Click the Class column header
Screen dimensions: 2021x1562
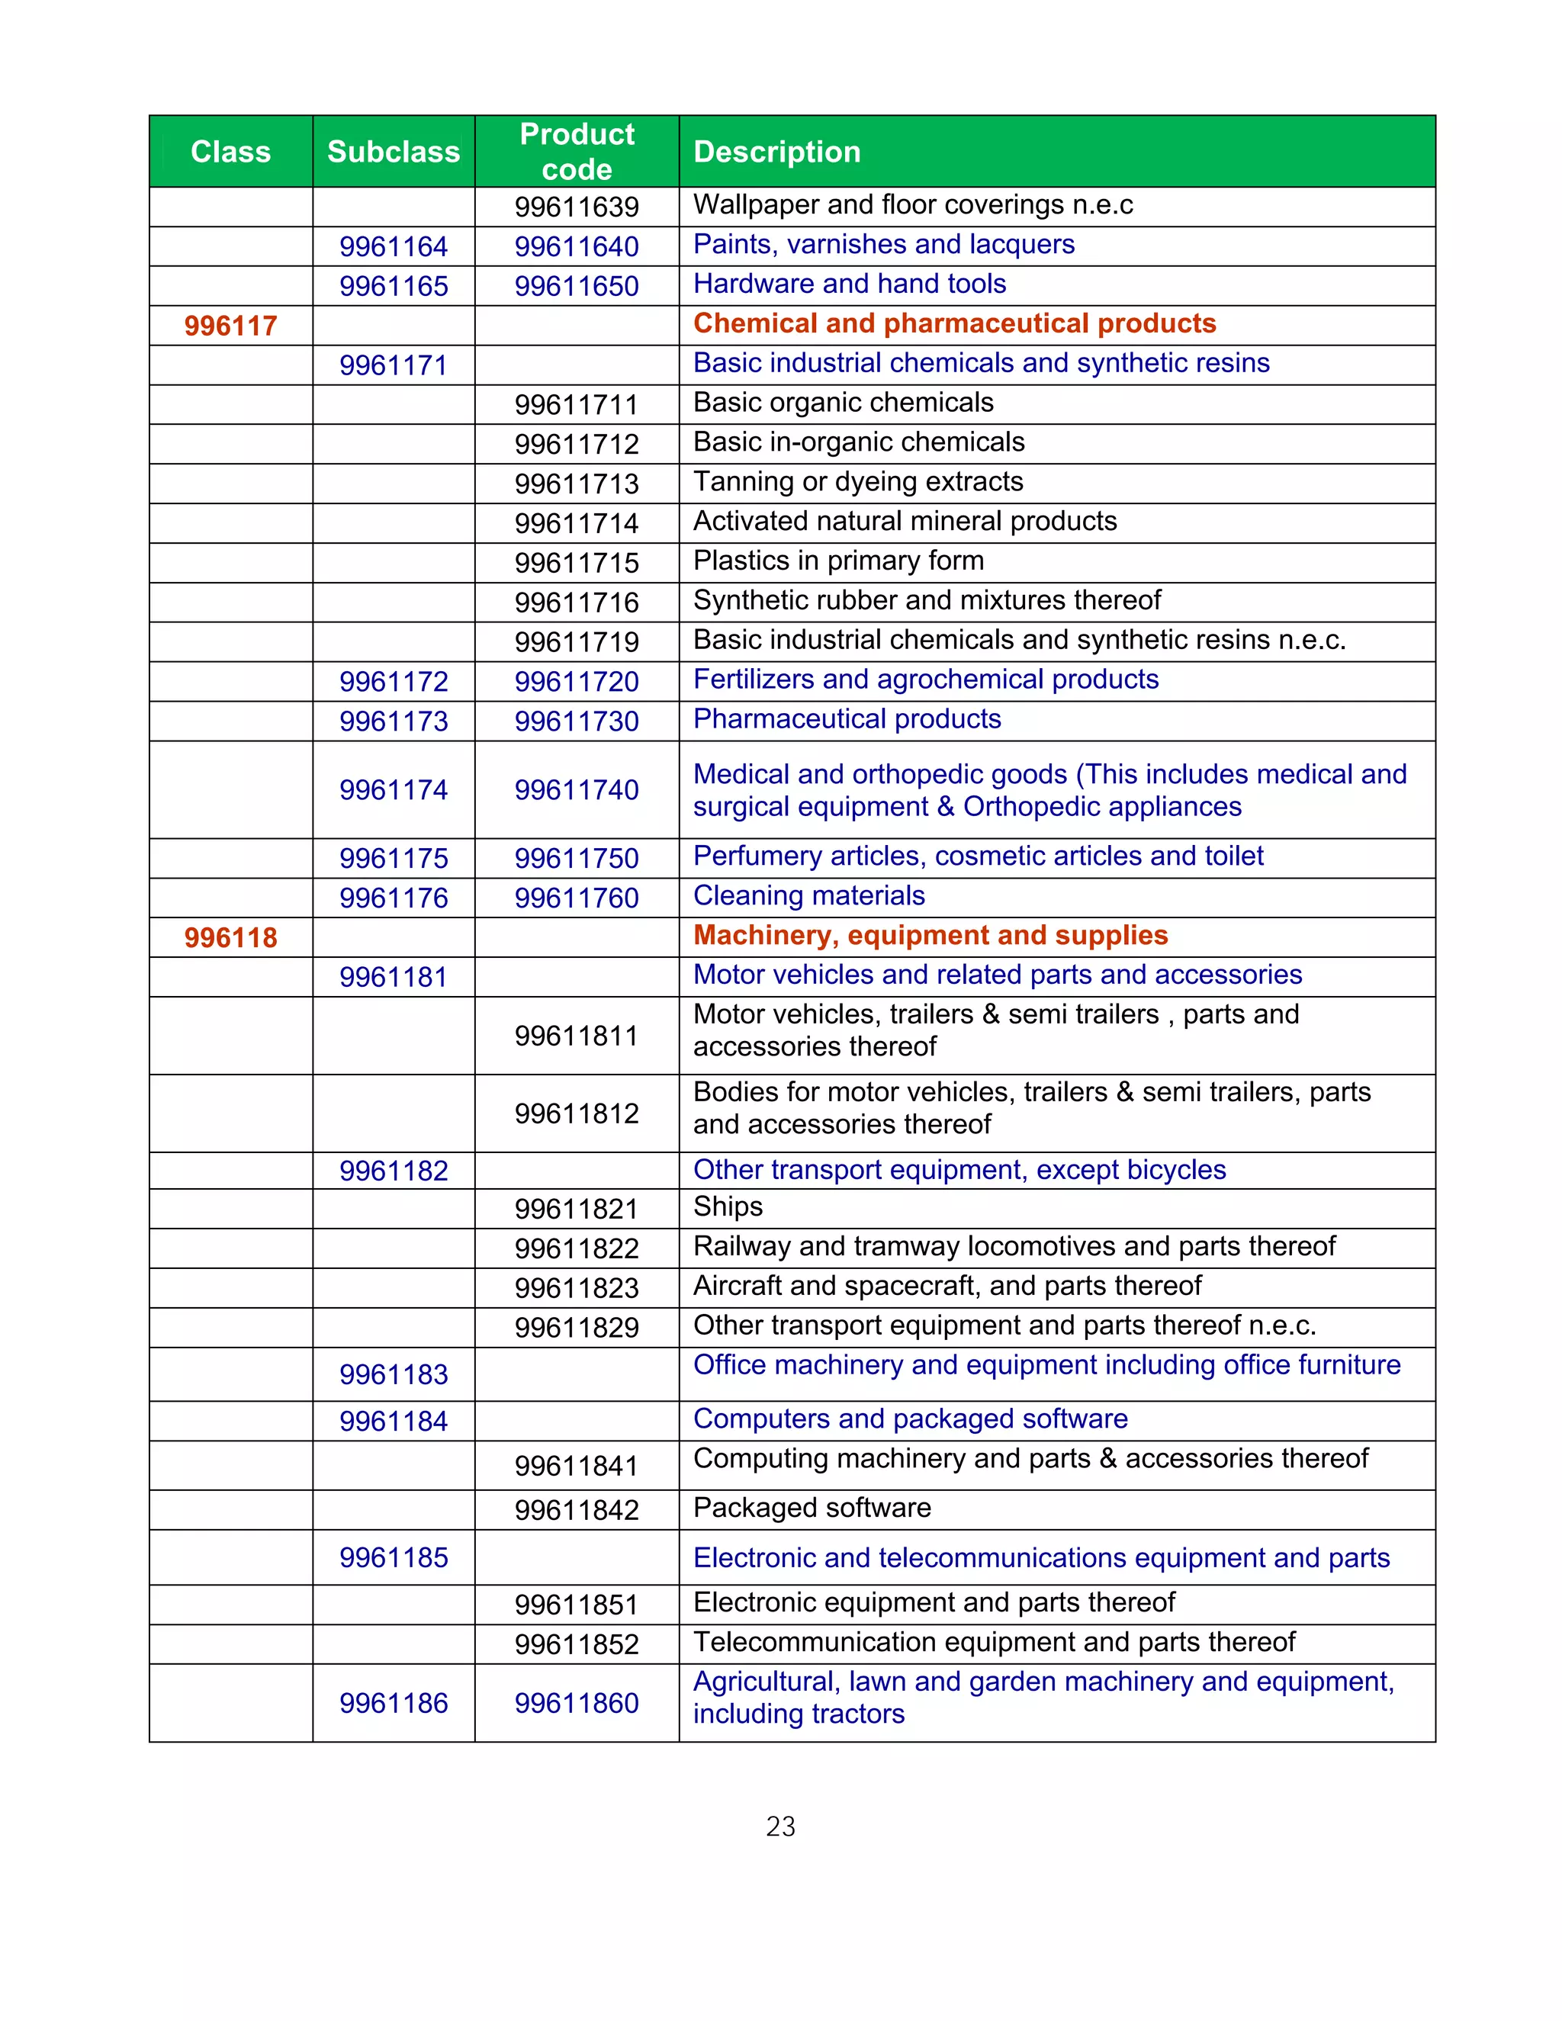[x=230, y=152]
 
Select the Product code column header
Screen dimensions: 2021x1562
[x=577, y=152]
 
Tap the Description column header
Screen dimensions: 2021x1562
[x=776, y=152]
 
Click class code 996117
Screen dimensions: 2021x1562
[x=230, y=326]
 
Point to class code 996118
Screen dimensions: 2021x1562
[x=230, y=937]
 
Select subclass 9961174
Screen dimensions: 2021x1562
[x=394, y=789]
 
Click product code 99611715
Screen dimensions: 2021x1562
[x=577, y=563]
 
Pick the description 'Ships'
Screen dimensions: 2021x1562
[x=728, y=1206]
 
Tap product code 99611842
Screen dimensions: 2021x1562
[x=577, y=1510]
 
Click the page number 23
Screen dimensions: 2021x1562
[x=780, y=1826]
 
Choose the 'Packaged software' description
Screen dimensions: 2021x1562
[x=812, y=1508]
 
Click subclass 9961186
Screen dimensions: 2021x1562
[x=394, y=1703]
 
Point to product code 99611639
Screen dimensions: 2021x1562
[x=577, y=207]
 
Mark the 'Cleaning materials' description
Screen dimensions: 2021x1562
[x=808, y=896]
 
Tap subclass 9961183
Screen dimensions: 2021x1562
[x=394, y=1374]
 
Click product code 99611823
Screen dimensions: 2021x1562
[x=577, y=1288]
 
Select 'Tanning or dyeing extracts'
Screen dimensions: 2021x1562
[x=858, y=481]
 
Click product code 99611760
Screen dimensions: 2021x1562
[x=577, y=898]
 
